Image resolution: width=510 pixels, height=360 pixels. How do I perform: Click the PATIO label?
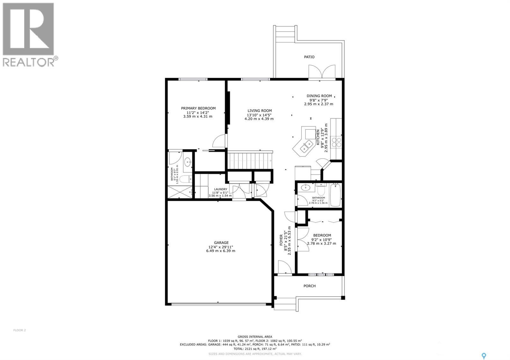point(309,57)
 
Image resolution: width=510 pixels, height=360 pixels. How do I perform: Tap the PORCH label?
point(309,286)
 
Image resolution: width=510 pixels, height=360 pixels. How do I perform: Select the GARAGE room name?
point(221,243)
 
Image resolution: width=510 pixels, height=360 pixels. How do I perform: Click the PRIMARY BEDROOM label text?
point(198,108)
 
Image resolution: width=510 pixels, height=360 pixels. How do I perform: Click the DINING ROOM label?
point(319,96)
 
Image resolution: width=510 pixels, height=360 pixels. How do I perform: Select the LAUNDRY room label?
point(221,189)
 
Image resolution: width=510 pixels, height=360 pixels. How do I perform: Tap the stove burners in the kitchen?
point(337,142)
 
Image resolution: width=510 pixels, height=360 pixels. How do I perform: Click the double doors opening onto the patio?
point(322,71)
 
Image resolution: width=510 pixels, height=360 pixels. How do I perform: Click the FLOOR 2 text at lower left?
point(20,330)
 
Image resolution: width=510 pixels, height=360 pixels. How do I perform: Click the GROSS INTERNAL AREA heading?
point(255,336)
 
